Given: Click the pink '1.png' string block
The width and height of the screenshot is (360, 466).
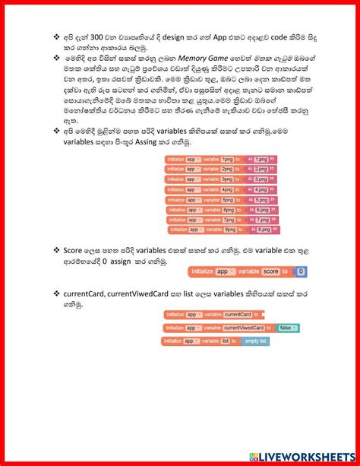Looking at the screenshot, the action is point(261,159).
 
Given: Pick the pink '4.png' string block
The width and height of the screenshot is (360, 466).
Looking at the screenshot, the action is point(261,189).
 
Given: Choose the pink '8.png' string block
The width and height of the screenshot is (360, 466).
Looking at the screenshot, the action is point(264,229).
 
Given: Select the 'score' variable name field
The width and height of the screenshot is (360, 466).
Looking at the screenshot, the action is point(269,271).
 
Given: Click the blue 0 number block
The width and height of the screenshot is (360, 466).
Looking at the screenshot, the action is point(301,271).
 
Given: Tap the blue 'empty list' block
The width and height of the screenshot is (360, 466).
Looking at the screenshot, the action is point(256,341).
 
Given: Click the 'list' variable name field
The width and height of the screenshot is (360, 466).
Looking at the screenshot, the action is point(225,341).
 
